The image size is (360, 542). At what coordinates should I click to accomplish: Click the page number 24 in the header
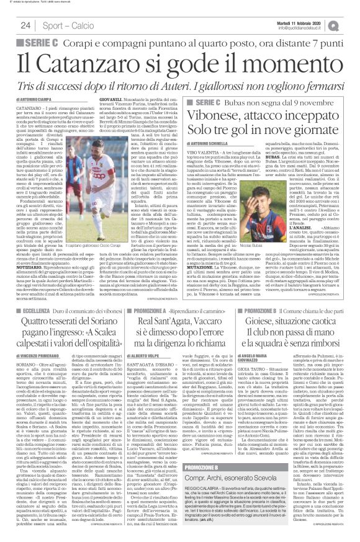click(26, 25)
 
